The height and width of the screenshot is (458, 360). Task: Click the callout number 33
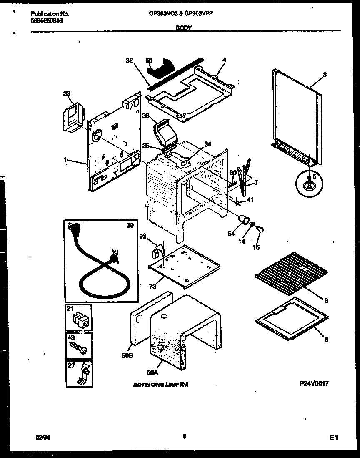(x=67, y=94)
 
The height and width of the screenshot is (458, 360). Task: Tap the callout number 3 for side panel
(x=325, y=75)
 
